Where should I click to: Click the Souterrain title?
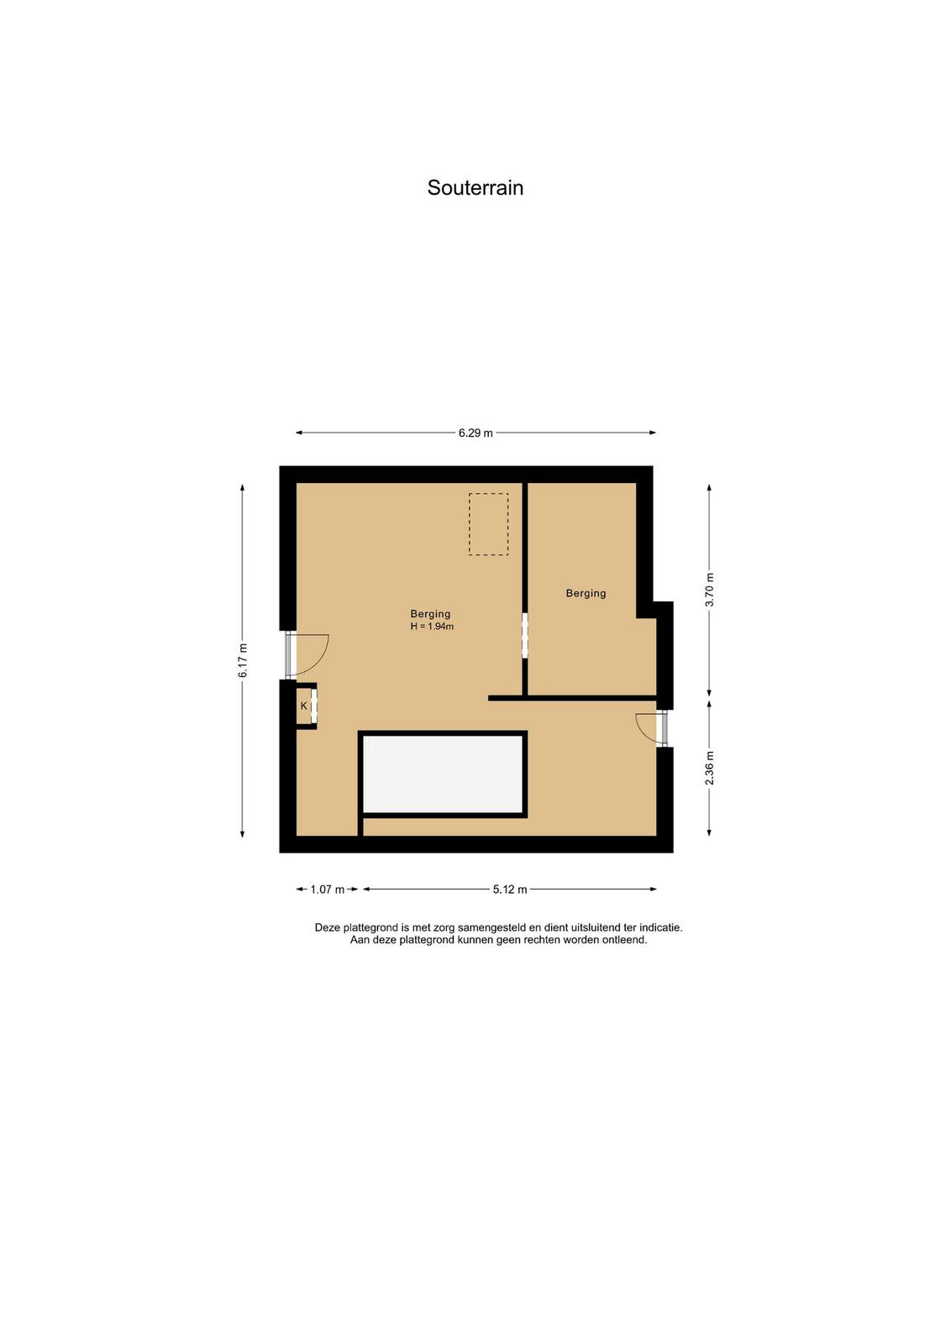[475, 188]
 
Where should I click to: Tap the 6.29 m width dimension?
[475, 433]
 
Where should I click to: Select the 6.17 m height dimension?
[243, 660]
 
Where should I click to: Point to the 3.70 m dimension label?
[709, 590]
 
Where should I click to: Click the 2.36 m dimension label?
[709, 768]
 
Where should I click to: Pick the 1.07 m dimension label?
[328, 890]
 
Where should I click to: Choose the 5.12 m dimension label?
[510, 890]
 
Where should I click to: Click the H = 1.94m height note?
[432, 627]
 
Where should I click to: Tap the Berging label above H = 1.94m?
[430, 614]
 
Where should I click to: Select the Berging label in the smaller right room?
[586, 593]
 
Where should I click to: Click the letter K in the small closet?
[303, 706]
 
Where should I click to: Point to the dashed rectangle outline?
[488, 493]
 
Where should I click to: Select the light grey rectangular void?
[443, 774]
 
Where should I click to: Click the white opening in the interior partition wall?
[525, 635]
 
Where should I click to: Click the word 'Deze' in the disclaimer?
[328, 927]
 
